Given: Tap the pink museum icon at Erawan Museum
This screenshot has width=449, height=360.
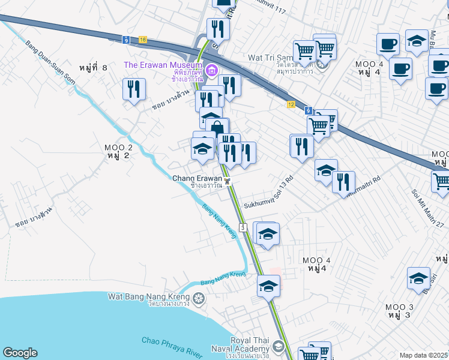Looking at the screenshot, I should point(211,71).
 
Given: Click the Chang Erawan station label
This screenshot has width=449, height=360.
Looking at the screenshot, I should point(197,178).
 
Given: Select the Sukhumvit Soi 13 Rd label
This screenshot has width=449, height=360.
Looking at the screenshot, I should point(268,193).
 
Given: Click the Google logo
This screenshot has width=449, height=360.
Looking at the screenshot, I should point(20,353).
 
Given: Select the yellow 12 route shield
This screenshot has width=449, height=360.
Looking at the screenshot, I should point(291,103).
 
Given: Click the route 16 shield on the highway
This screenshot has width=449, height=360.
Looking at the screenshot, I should point(142,39).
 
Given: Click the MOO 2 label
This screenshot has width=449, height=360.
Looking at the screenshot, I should point(118,148).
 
